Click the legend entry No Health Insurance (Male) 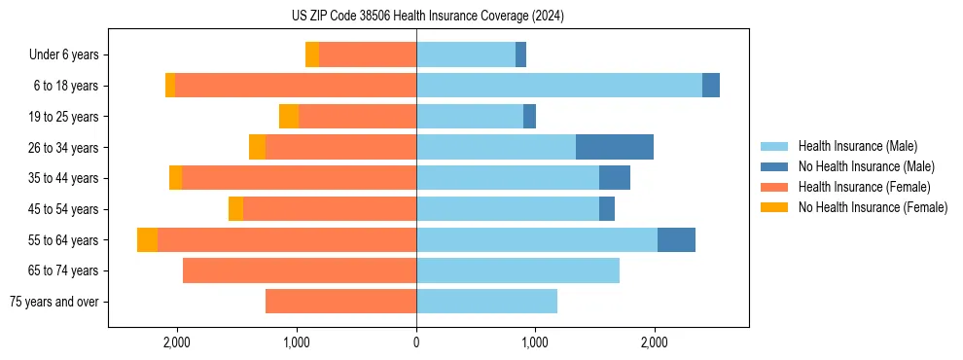(x=866, y=166)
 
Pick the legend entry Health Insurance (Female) (x=864, y=187)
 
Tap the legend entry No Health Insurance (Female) (x=873, y=207)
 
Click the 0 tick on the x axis (x=416, y=342)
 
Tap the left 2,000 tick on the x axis (x=176, y=342)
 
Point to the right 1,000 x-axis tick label (x=535, y=342)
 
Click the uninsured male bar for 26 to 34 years (x=615, y=147)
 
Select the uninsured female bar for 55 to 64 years (x=147, y=239)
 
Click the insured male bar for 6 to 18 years (x=559, y=86)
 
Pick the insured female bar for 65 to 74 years (x=300, y=270)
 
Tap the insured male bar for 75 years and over (x=486, y=302)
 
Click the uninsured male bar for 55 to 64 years (x=676, y=239)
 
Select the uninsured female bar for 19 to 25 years (x=289, y=117)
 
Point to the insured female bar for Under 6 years (x=368, y=54)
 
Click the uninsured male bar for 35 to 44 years (x=615, y=178)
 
